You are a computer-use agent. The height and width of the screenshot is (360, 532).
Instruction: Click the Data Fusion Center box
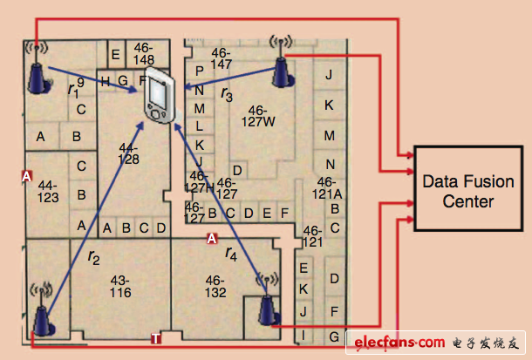tap(468, 189)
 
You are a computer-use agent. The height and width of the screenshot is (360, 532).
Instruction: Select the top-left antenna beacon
tap(38, 68)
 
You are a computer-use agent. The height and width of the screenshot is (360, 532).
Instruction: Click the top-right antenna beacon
tap(282, 61)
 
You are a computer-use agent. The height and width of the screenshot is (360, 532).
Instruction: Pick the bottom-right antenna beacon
tap(269, 300)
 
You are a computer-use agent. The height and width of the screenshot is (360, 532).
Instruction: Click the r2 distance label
tap(93, 257)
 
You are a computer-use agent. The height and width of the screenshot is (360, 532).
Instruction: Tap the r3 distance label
tap(227, 94)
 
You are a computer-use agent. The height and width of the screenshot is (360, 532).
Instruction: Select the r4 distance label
tap(231, 254)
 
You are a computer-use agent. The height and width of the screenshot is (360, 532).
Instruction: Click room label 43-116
tap(120, 287)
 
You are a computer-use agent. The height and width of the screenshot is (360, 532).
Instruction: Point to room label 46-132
tap(215, 287)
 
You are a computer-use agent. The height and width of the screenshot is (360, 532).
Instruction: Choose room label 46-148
tap(144, 54)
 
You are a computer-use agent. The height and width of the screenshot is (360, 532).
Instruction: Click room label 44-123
tap(48, 192)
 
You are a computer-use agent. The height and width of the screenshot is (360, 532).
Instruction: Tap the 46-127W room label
tap(258, 116)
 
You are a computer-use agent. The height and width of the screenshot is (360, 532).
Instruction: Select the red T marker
tap(156, 338)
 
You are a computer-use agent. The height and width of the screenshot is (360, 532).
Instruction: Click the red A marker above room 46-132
tap(212, 239)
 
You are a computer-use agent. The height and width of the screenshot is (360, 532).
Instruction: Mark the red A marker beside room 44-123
tap(27, 176)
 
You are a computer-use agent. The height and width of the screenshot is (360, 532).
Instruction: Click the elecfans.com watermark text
tap(399, 343)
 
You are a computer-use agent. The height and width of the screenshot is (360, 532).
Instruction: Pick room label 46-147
tap(221, 58)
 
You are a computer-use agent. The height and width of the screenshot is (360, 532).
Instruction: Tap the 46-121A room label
tap(327, 188)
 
